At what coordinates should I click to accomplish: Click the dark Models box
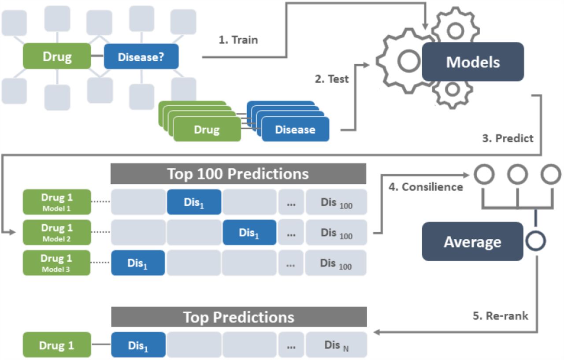[x=473, y=62]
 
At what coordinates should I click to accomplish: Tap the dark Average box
[x=472, y=241]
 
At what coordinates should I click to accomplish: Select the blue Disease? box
[x=141, y=56]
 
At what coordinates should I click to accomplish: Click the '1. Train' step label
[x=238, y=40]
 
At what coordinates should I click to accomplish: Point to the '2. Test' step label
[x=331, y=79]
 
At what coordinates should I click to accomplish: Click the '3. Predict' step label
[x=508, y=138]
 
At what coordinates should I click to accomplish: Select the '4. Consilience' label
[x=426, y=187]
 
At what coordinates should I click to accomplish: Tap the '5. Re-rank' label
[x=501, y=315]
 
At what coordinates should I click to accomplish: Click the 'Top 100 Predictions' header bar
[x=238, y=174]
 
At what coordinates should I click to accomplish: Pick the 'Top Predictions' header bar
[x=238, y=317]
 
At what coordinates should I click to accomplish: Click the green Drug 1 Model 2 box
[x=56, y=233]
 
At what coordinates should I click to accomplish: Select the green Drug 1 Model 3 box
[x=56, y=263]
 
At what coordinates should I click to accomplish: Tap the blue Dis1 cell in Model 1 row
[x=194, y=202]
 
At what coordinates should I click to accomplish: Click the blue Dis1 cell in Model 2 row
[x=249, y=233]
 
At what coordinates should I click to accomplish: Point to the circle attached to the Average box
[x=535, y=241]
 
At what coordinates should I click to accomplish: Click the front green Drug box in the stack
[x=207, y=130]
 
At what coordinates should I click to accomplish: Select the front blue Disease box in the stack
[x=295, y=130]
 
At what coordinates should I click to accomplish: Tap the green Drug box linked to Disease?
[x=57, y=56]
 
